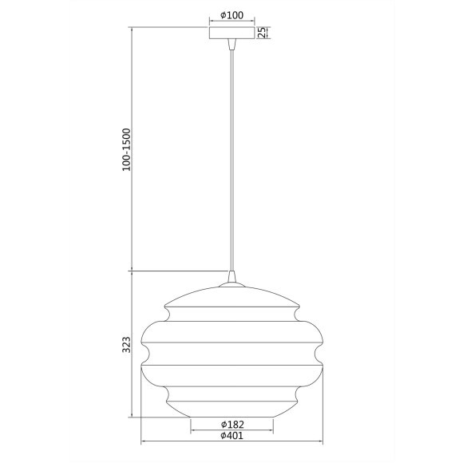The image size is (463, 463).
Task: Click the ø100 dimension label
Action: pyautogui.click(x=231, y=16)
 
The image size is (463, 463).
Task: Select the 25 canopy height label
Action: pyautogui.click(x=261, y=33)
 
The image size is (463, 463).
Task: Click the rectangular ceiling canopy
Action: pyautogui.click(x=231, y=34)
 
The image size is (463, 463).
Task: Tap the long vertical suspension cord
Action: pyautogui.click(x=231, y=160)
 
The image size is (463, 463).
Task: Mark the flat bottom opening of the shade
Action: pyautogui.click(x=231, y=417)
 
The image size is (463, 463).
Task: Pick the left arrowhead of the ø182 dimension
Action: pyautogui.click(x=192, y=430)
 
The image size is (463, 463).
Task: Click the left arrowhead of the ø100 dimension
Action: pyautogui.click(x=210, y=22)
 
